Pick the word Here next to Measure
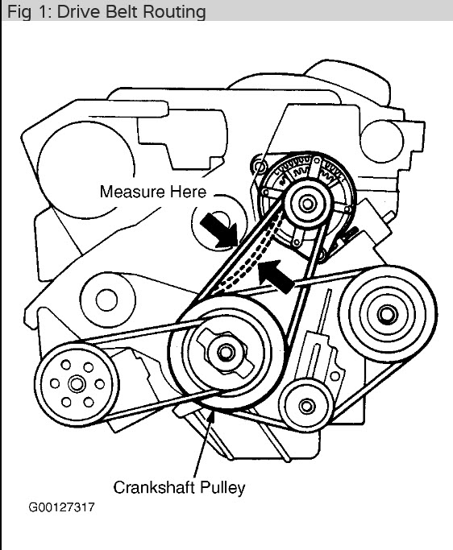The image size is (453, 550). pos(188,192)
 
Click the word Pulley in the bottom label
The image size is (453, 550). pos(223,487)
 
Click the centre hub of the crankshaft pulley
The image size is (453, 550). pos(224,352)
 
